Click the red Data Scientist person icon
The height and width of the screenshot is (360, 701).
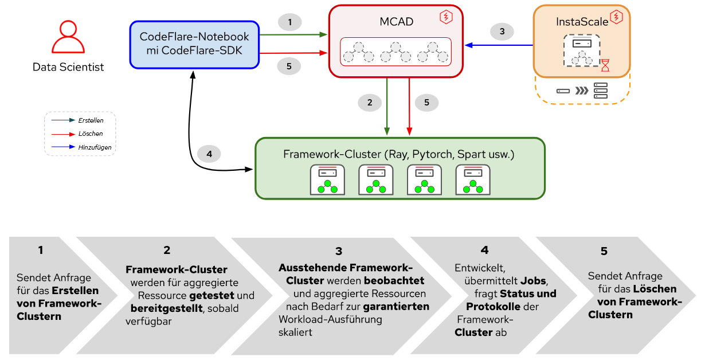[68, 37]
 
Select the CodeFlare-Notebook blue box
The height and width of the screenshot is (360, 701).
[194, 45]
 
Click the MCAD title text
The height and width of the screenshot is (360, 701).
[396, 22]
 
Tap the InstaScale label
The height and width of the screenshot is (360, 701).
[582, 22]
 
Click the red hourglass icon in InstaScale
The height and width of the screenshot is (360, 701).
[605, 65]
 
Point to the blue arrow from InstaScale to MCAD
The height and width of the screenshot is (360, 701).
[499, 45]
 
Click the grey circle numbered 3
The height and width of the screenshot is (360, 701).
[502, 32]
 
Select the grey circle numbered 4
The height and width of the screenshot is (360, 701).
[209, 154]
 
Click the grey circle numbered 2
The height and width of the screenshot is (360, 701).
[370, 103]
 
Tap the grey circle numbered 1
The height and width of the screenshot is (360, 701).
[290, 22]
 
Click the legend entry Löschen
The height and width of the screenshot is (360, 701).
[91, 134]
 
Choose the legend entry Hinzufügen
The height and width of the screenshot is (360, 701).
[95, 147]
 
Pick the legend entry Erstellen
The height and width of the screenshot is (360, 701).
[91, 120]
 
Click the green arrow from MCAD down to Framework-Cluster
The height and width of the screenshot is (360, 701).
[387, 107]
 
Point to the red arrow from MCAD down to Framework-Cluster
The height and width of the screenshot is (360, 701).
[409, 107]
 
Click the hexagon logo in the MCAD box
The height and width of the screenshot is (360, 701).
[446, 17]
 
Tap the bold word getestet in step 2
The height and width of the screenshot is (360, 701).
[212, 296]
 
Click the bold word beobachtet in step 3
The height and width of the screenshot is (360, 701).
[394, 280]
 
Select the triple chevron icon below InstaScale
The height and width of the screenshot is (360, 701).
[582, 91]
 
